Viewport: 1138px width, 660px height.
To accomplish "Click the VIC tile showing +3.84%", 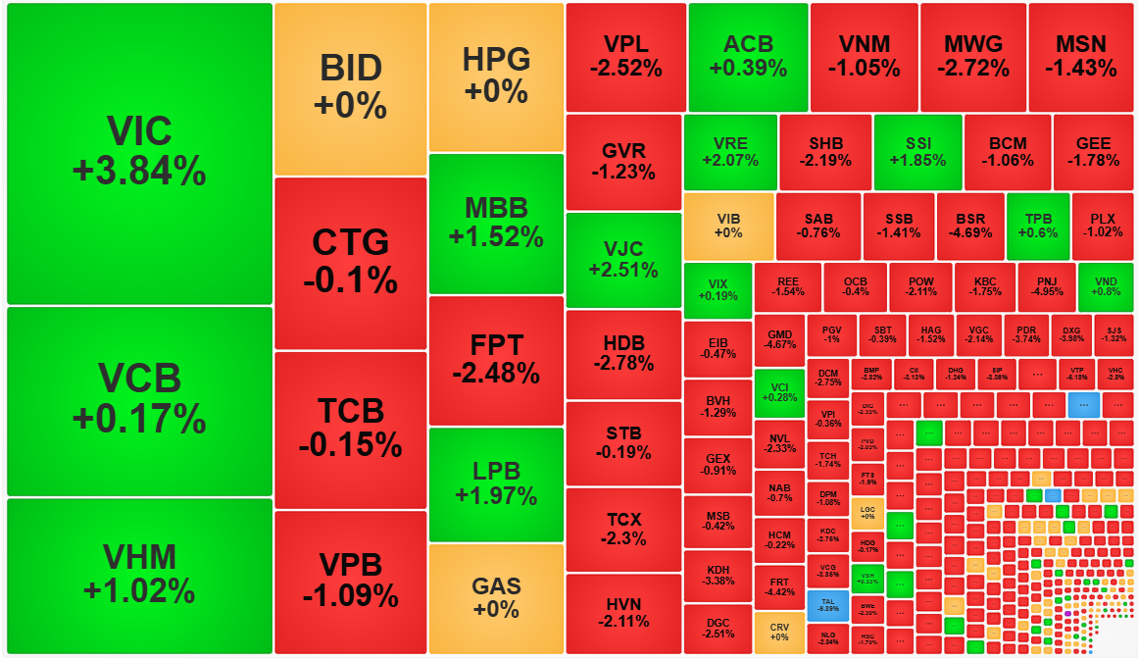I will point(139,152).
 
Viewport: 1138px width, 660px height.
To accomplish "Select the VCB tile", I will point(139,400).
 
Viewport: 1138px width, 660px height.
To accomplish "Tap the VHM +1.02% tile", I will point(139,576).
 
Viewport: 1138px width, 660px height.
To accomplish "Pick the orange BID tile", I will point(350,88).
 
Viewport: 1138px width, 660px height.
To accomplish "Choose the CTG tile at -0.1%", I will point(350,262).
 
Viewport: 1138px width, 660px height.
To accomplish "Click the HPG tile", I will point(496,76).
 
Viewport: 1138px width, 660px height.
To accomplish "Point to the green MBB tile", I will point(496,223).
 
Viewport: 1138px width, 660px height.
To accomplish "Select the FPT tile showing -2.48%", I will point(496,359).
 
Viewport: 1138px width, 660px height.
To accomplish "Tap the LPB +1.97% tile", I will point(496,483).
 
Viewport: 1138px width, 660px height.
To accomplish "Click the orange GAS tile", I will point(496,598).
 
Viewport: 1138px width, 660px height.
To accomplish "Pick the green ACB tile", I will point(748,56).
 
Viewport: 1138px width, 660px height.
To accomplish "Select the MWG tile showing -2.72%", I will point(973,56).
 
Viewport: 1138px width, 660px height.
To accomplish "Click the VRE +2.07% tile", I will point(730,152).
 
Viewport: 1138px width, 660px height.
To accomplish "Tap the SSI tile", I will point(917,152).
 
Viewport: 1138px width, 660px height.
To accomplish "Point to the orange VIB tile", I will point(728,226).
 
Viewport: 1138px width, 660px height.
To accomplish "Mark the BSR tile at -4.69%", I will point(969,226).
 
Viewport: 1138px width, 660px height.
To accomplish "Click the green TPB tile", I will point(1037,226).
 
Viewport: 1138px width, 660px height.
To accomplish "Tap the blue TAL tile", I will point(827,603).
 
